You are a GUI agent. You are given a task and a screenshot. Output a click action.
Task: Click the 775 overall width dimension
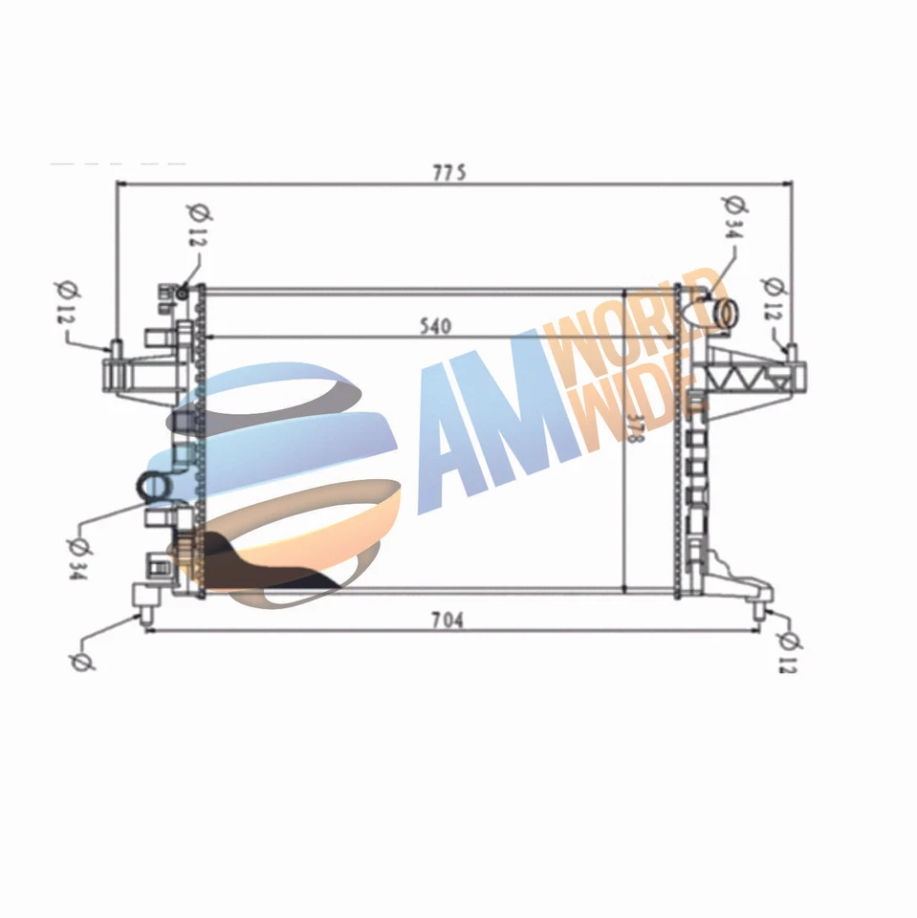(x=448, y=172)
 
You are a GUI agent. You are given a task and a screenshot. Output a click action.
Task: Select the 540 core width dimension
(x=433, y=326)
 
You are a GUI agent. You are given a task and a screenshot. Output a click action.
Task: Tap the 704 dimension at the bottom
(x=446, y=620)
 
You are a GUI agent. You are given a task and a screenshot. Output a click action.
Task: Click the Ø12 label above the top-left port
(x=195, y=224)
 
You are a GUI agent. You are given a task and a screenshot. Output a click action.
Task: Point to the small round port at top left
(x=181, y=292)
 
